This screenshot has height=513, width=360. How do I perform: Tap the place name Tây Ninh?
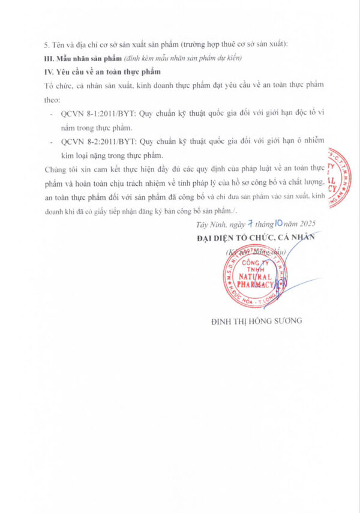pos(210,224)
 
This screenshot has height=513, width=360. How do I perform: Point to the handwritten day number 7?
pos(246,223)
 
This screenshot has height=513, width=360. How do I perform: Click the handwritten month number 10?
pos(278,223)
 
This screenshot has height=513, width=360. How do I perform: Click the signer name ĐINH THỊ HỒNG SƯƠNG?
pos(256,320)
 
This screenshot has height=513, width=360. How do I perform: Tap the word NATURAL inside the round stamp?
pos(248,277)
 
